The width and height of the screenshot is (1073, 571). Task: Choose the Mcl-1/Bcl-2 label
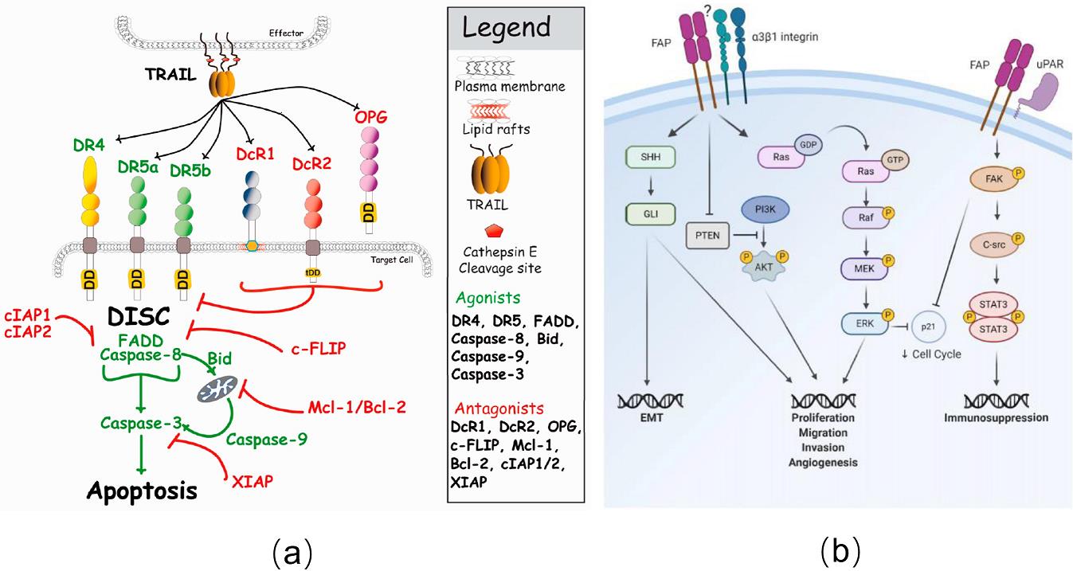click(x=356, y=407)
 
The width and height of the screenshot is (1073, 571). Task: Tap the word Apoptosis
click(x=141, y=491)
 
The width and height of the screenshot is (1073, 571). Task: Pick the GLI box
click(x=649, y=213)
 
